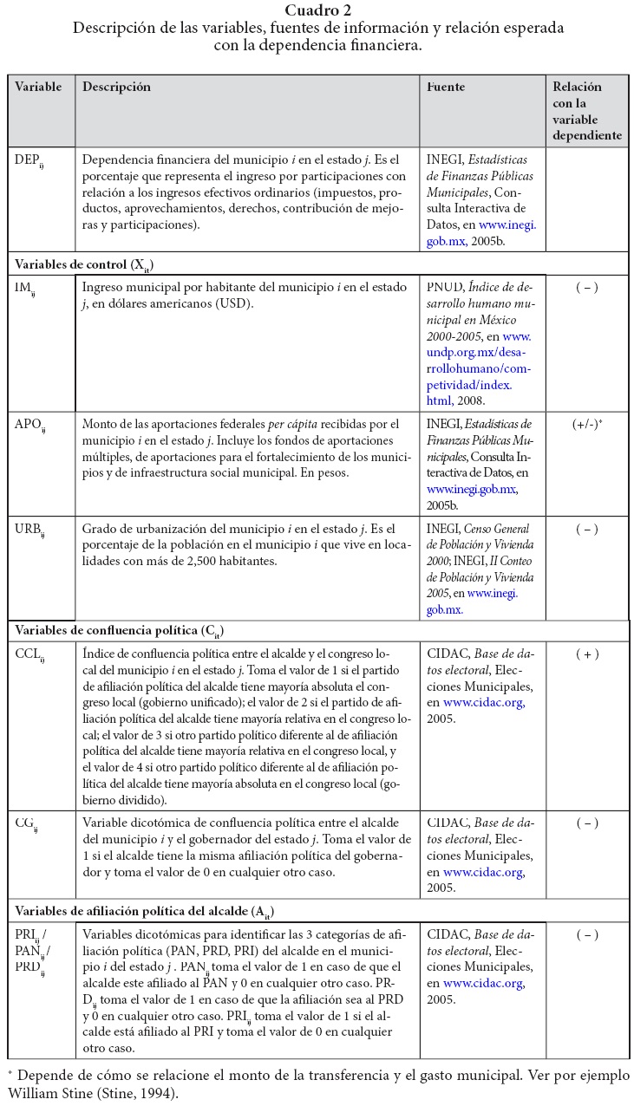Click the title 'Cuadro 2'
(x=317, y=10)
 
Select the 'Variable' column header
(x=38, y=88)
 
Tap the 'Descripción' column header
(x=116, y=88)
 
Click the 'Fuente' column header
(x=446, y=88)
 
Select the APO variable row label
(x=30, y=426)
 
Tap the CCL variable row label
(x=29, y=655)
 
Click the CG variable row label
(x=26, y=824)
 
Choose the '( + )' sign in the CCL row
(x=586, y=654)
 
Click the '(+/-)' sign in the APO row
(x=587, y=426)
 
